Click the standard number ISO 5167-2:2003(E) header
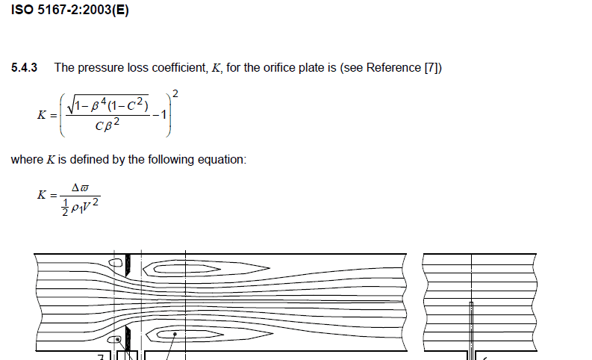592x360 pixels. (70, 10)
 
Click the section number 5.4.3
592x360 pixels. (24, 68)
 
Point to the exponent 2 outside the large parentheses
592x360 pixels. (175, 93)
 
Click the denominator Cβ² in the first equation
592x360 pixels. (108, 125)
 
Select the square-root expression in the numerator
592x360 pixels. (108, 105)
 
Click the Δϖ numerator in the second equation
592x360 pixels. (80, 187)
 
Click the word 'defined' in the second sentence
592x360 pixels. (89, 159)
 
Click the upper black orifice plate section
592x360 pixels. (128, 265)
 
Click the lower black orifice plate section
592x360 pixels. (128, 339)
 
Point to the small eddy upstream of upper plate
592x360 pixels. (116, 263)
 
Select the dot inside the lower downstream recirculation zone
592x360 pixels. (175, 335)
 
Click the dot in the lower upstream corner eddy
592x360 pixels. (117, 340)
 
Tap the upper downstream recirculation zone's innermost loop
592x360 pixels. (187, 269)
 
